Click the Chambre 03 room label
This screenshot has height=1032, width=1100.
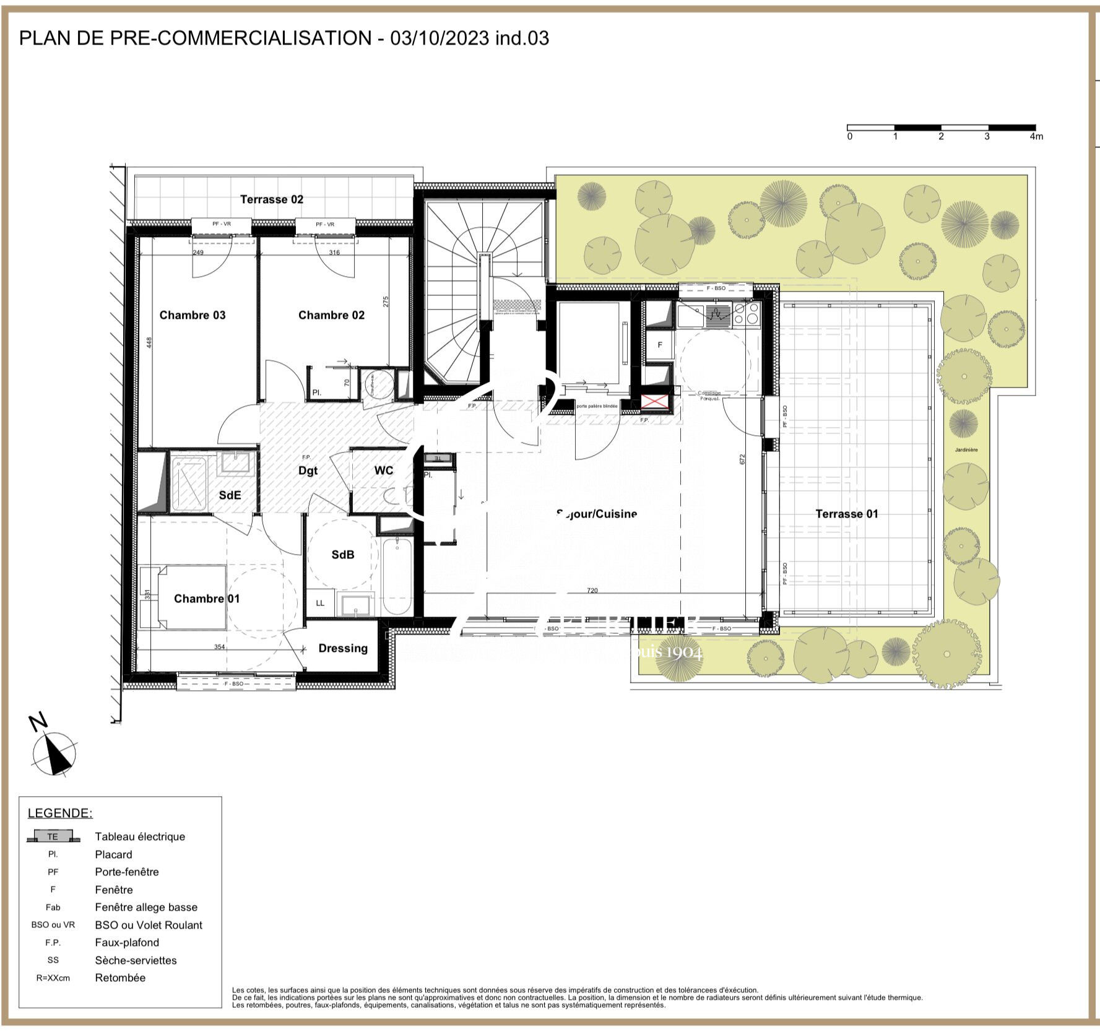(193, 315)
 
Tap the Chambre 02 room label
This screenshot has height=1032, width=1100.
(331, 315)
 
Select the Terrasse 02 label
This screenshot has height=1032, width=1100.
(272, 199)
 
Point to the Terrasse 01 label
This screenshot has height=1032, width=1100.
(846, 514)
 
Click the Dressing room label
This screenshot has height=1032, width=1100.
(343, 648)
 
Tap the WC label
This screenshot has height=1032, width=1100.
(383, 470)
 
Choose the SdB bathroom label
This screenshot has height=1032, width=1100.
(342, 555)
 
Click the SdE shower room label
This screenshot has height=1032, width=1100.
(230, 495)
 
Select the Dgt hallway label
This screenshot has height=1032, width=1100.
(308, 470)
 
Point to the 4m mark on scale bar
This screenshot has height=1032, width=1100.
(1036, 137)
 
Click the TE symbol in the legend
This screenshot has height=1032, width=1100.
(53, 836)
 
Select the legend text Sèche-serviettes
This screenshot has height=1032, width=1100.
(136, 960)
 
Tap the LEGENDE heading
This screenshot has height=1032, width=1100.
(60, 813)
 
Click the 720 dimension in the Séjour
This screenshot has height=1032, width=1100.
(592, 591)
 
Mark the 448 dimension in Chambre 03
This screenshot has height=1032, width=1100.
(149, 342)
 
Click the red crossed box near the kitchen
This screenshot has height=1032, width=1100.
(656, 402)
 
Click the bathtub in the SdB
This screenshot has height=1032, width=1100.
(397, 576)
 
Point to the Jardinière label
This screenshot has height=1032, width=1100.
(966, 450)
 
